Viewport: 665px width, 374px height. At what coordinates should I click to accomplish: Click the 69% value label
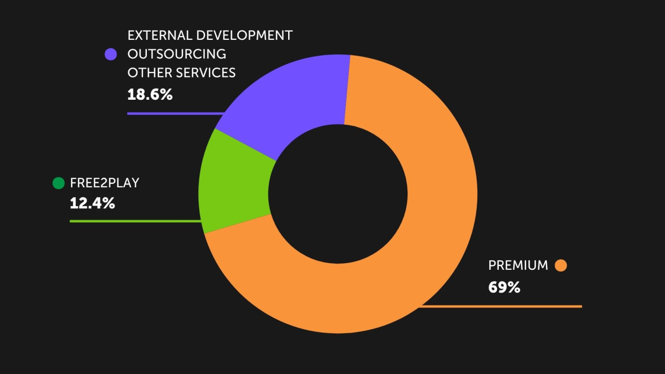pos(504,288)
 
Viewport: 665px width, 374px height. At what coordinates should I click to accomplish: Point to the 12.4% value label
pos(92,203)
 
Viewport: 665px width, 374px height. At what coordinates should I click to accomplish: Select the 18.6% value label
pos(150,95)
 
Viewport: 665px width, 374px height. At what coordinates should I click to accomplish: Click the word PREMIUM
pos(518,265)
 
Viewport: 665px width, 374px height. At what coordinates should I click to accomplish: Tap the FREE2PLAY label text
pos(104,183)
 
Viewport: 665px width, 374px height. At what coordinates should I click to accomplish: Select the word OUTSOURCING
pos(177,54)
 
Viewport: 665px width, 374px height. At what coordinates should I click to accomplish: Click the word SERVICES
pos(206,73)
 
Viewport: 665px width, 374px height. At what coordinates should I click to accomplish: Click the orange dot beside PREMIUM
pos(561,265)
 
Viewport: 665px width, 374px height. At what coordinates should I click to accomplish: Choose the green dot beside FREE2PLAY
pos(58,183)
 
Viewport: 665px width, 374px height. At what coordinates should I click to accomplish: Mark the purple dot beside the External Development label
pos(111,54)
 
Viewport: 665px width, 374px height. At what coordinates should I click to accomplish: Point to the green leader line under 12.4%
pos(133,221)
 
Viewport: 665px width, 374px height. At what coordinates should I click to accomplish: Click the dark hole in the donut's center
pos(337,194)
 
